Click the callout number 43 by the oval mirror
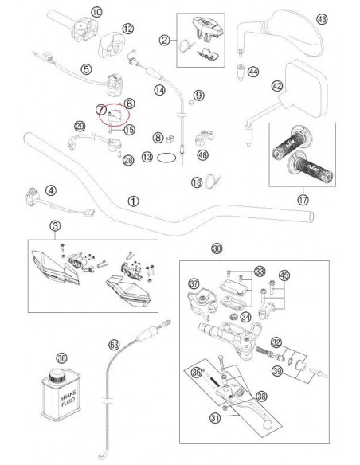coord(322,19)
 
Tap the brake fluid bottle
coord(61,395)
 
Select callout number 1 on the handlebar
coord(133,201)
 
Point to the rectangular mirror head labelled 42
coord(305,89)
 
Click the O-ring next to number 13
coord(166,158)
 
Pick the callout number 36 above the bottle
coord(61,358)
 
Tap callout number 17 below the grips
coord(303,200)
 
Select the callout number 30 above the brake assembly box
coord(217,248)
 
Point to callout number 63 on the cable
coord(114,345)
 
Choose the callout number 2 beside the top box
coord(165,40)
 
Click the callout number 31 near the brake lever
coord(215,418)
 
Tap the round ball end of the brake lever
coord(267,424)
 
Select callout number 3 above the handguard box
coord(55,226)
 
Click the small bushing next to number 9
coord(191,103)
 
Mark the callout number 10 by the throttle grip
coord(96,12)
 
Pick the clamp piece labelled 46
coord(205,138)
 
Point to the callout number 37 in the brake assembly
coord(194,284)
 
